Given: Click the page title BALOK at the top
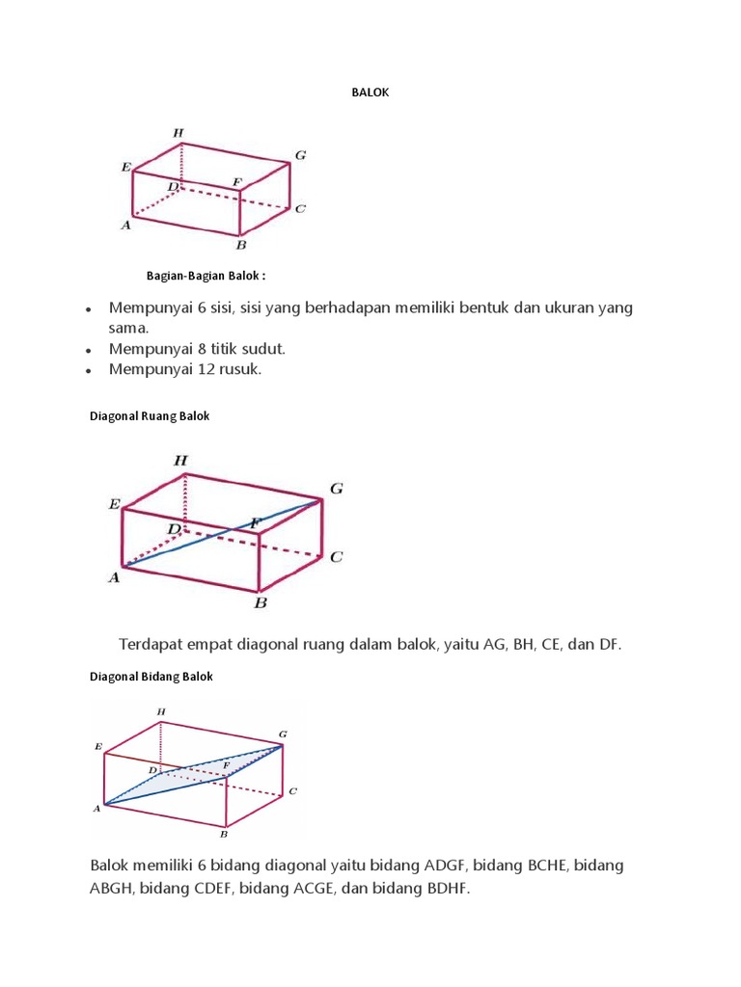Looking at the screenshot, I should [370, 93].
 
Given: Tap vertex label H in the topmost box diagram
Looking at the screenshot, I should [178, 132].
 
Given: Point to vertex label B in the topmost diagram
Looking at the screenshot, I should [241, 244].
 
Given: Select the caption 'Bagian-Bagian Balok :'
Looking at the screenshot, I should [206, 276].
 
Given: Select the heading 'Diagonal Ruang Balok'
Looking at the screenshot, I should [150, 417].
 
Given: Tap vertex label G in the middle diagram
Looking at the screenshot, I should [336, 490].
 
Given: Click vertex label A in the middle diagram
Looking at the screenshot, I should [113, 577].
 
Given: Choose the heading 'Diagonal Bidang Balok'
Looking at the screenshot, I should [151, 677].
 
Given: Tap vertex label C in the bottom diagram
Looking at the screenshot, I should [292, 791].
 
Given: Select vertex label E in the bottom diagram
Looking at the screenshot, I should [97, 746].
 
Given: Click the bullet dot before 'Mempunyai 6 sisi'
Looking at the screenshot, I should [88, 310].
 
